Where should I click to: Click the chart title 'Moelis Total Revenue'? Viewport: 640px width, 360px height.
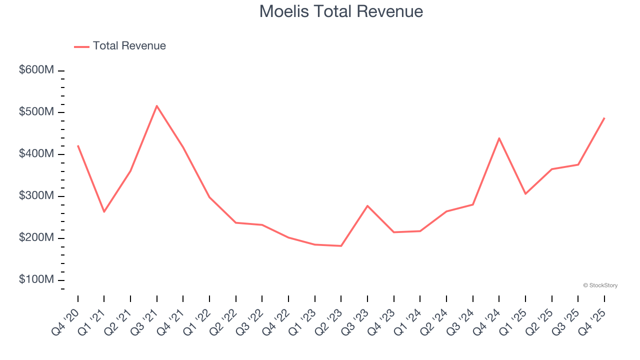[x=341, y=11]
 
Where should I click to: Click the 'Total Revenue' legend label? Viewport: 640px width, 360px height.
[x=129, y=46]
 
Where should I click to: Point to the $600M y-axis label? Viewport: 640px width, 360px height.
[x=36, y=70]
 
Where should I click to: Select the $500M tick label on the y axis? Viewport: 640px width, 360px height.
[x=36, y=112]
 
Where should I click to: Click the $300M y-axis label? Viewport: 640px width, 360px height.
[x=36, y=196]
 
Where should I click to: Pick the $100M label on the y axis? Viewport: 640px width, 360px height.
[x=36, y=279]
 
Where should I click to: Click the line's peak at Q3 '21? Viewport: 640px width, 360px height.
[x=157, y=106]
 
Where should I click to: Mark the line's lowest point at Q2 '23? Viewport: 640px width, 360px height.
[x=341, y=246]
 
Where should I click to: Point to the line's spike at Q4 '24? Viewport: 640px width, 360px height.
[x=499, y=138]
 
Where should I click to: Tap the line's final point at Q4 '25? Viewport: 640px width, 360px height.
[x=604, y=118]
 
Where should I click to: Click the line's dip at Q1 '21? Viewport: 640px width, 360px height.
[x=104, y=212]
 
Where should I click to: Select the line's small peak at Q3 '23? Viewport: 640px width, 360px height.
[x=367, y=205]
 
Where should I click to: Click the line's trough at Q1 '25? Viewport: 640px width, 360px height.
[x=525, y=194]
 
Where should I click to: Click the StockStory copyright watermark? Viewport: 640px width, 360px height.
[x=600, y=285]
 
